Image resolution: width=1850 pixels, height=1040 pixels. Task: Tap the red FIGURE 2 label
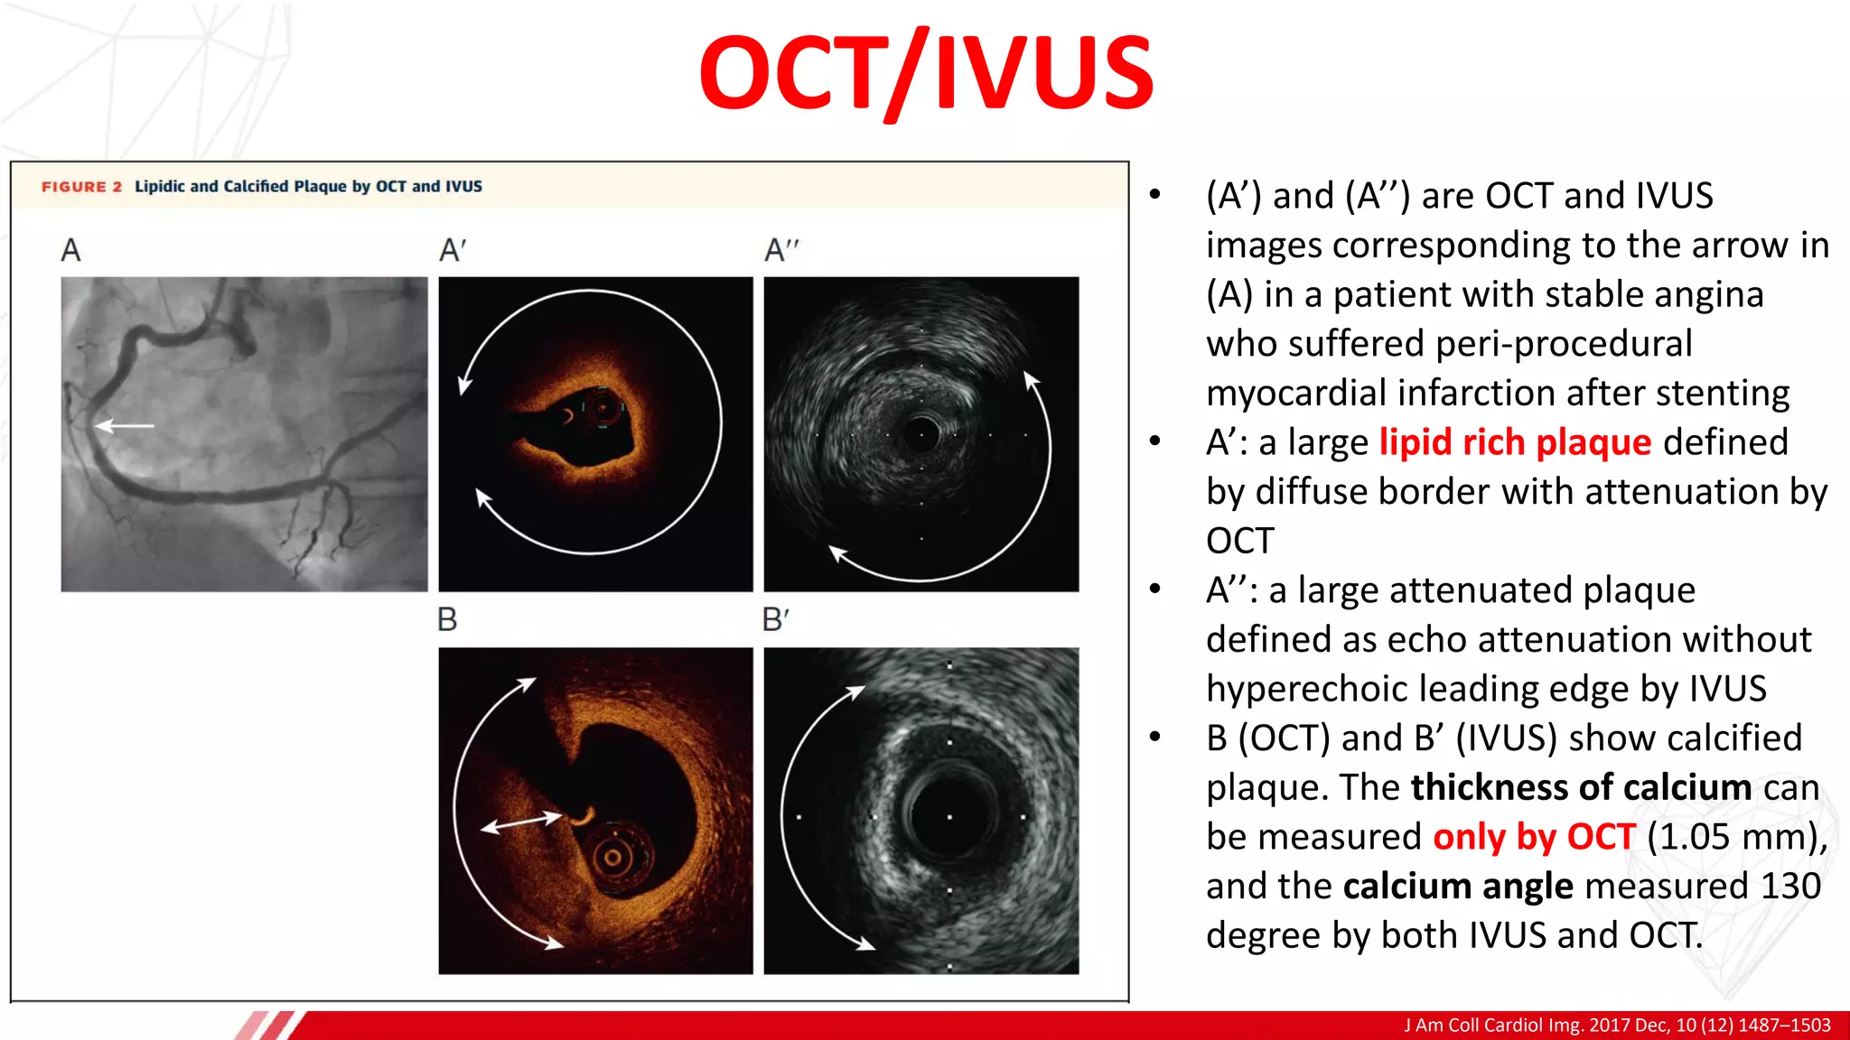[x=81, y=187]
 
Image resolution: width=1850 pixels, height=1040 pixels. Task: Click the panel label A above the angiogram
[x=71, y=250]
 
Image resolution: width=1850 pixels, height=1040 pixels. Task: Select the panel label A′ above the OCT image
[x=453, y=250]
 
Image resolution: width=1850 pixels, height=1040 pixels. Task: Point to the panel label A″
[x=781, y=250]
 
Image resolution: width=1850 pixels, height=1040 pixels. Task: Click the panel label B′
[x=775, y=620]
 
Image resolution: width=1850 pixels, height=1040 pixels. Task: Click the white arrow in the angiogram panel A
[x=125, y=425]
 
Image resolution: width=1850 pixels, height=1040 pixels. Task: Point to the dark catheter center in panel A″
[x=920, y=433]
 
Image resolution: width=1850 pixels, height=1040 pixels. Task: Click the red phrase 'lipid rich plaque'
[x=1515, y=442]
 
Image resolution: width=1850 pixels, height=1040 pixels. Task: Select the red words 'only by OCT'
[x=1534, y=837]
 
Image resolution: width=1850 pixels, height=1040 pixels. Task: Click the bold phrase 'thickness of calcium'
[x=1581, y=787]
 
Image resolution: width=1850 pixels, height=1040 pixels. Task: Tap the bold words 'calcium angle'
[x=1458, y=887]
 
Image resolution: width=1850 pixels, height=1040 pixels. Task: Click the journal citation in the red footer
[x=1617, y=1026]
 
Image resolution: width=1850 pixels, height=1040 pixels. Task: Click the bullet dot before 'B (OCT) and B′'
[x=1155, y=737]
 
